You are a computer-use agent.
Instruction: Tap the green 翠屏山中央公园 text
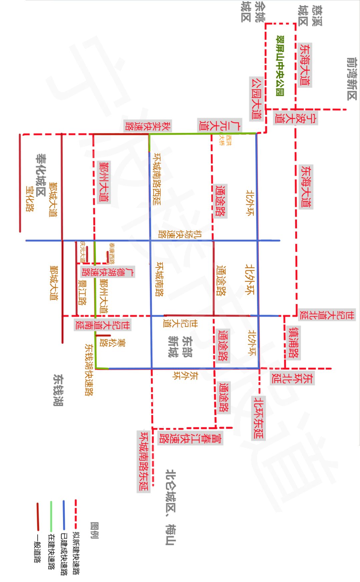pos(280,66)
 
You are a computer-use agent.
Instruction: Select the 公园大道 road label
pos(256,99)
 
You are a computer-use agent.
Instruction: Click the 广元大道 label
pos(219,125)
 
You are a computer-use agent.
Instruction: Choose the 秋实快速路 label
pos(148,126)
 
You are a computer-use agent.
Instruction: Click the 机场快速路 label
pos(180,234)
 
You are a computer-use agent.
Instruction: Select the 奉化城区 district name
pos(41,175)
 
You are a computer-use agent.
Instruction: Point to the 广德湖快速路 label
pos(108,272)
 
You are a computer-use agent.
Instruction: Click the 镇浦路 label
pos(294,343)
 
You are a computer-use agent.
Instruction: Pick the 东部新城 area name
pos(180,347)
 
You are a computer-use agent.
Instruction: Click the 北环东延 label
pos(258,418)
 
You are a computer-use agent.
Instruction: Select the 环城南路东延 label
pos(144,461)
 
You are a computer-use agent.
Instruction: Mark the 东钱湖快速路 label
pos(89,370)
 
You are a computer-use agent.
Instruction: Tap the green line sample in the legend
pos(51,516)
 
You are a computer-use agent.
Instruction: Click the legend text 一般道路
pos(37,548)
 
